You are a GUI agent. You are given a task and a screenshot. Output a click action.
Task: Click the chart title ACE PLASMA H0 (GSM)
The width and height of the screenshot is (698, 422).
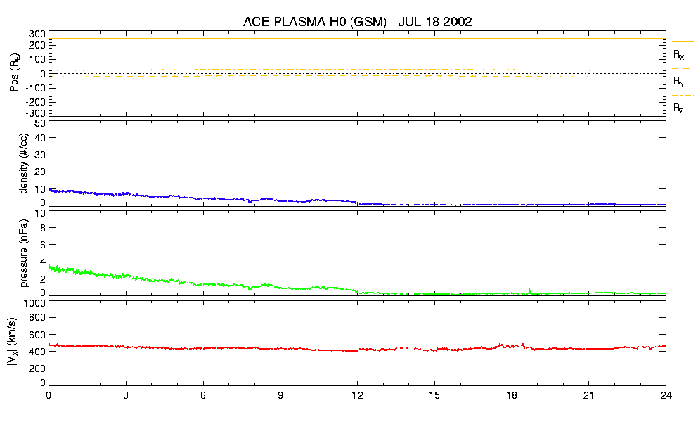pos(315,22)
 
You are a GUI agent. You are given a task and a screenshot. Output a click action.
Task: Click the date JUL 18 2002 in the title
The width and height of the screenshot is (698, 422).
pos(434,22)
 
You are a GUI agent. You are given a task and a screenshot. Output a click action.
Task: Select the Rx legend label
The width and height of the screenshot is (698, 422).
pos(678,54)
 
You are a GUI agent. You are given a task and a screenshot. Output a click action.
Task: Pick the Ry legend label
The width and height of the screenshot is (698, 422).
pos(678,82)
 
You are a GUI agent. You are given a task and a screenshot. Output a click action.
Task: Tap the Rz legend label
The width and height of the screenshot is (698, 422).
pos(678,108)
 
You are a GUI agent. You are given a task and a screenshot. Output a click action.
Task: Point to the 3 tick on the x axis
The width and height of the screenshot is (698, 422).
pos(126,396)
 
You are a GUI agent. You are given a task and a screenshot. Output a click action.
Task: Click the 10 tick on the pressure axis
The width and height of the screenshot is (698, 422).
pos(40,228)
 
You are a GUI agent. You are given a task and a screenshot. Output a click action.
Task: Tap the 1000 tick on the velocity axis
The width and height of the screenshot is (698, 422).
pos(34,303)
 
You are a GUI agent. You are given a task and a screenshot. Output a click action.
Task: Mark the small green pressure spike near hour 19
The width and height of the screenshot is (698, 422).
pos(529,290)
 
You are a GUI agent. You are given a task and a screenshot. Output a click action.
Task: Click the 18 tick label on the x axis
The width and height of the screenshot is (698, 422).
pos(512,396)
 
